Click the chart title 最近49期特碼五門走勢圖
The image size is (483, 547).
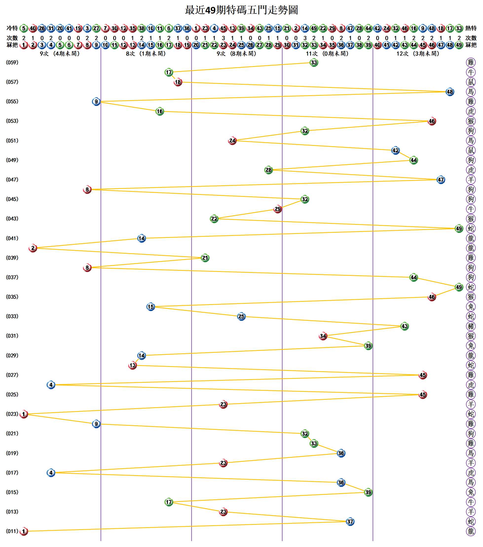pos(241,10)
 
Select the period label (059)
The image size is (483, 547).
pos(12,62)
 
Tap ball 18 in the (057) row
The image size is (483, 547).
pos(178,82)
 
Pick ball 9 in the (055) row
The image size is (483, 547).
pos(96,102)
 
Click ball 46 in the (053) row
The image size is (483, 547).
pos(432,121)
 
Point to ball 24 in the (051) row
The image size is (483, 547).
pos(232,140)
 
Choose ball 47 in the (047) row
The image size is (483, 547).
pos(441,180)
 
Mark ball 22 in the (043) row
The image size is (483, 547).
pos(214,219)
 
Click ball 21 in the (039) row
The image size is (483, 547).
pos(205,258)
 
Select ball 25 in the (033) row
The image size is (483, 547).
pos(241,317)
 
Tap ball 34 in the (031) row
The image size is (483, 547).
pos(323,336)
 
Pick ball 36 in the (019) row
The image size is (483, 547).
pos(341,453)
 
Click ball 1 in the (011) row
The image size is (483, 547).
pos(24,531)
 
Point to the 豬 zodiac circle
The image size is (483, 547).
pos(471,326)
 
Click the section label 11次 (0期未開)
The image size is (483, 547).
pos(327,54)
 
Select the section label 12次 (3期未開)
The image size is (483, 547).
pos(418,54)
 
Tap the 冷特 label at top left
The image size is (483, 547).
pos(12,28)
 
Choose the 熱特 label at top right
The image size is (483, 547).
pos(471,28)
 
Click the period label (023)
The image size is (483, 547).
pos(12,414)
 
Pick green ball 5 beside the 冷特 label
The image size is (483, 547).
pos(24,28)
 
